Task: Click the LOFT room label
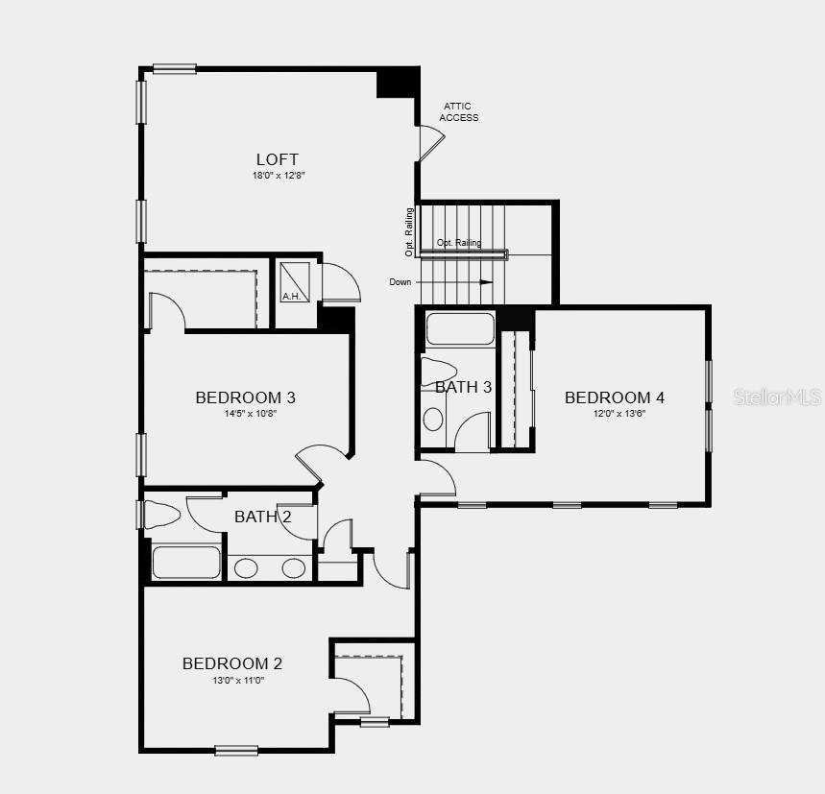point(277,159)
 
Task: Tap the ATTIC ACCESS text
point(459,112)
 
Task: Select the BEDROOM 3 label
point(245,397)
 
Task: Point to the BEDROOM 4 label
point(615,397)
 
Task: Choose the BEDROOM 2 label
point(232,663)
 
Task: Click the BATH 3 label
point(463,387)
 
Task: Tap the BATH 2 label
point(263,517)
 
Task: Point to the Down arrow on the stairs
point(485,282)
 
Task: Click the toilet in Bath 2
point(162,515)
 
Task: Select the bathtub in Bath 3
point(459,329)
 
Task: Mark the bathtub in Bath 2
point(186,563)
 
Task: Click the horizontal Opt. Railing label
point(458,243)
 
